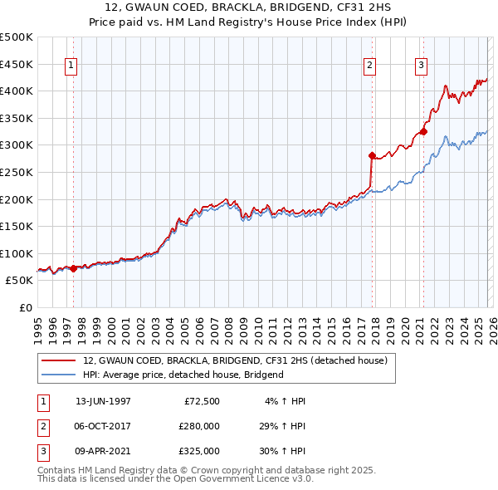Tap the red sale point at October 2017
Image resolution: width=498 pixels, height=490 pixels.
[372, 155]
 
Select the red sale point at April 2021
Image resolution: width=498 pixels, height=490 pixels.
[423, 131]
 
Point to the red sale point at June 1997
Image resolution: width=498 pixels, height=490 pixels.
[73, 268]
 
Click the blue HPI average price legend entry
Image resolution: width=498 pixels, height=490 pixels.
[183, 375]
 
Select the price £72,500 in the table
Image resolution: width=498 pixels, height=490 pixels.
[201, 401]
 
